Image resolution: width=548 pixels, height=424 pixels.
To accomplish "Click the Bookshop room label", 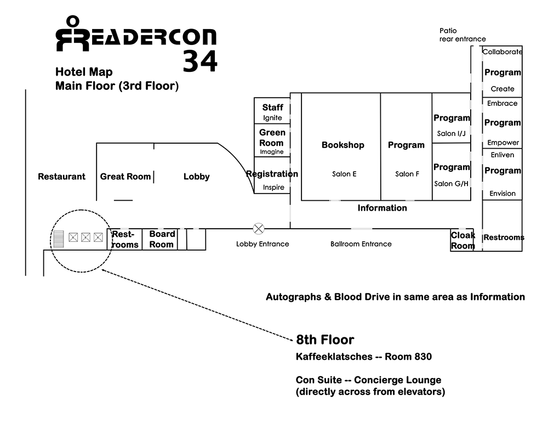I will click(x=342, y=145).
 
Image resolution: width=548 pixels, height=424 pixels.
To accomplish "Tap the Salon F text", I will click(x=407, y=174).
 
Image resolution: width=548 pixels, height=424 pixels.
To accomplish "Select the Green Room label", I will click(x=272, y=137).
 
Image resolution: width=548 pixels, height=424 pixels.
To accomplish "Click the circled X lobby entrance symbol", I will click(x=258, y=228).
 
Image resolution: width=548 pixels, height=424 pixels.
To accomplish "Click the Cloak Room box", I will click(x=463, y=240).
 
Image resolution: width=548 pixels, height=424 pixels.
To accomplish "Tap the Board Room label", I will click(x=162, y=239).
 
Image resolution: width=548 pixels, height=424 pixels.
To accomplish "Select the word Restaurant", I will click(x=61, y=177).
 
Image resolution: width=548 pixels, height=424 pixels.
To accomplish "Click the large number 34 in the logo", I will click(x=200, y=60).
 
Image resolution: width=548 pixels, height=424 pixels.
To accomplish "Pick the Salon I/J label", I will click(x=451, y=133).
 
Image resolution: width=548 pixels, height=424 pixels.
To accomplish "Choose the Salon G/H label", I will click(x=452, y=183).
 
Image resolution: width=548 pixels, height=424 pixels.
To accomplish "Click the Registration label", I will click(x=272, y=174).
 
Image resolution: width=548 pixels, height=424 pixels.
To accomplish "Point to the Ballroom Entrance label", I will click(x=361, y=244).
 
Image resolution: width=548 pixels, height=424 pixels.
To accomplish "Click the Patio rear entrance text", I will click(x=462, y=35).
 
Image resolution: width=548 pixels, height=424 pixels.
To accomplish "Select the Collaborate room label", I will click(x=502, y=52).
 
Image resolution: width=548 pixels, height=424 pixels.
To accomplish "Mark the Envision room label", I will click(x=503, y=193).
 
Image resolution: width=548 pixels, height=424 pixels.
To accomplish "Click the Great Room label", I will click(x=125, y=177).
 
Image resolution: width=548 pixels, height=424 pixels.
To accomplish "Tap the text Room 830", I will click(x=408, y=357).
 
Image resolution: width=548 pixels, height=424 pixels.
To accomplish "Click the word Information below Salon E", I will click(x=382, y=208).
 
